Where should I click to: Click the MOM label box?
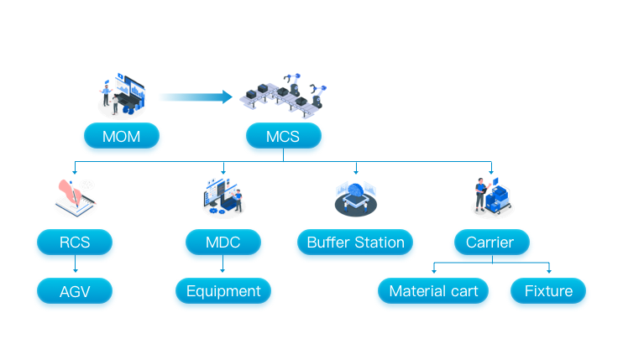click(x=122, y=136)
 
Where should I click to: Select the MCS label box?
click(x=284, y=136)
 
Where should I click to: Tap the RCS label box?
click(x=75, y=243)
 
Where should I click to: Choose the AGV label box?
click(x=75, y=291)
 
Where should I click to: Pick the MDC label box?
click(x=222, y=243)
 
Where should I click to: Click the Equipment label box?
click(x=223, y=291)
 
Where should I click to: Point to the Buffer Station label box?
click(x=355, y=243)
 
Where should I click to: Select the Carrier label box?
click(x=491, y=243)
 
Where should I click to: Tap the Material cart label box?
click(x=433, y=291)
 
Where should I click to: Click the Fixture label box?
click(x=548, y=291)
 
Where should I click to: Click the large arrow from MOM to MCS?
click(x=196, y=97)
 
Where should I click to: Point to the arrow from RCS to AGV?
click(x=75, y=265)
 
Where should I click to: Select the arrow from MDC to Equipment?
click(x=222, y=265)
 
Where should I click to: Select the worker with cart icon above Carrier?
click(x=491, y=196)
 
